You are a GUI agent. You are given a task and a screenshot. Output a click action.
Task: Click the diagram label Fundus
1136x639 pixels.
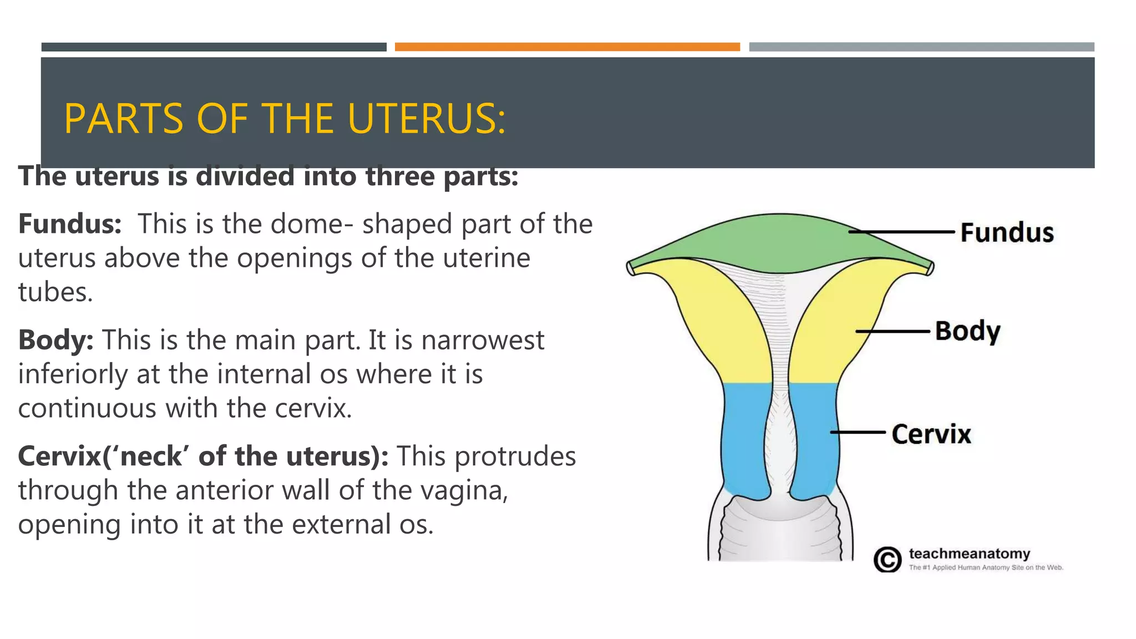point(1007,232)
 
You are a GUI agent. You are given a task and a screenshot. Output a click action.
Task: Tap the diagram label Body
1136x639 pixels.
point(967,331)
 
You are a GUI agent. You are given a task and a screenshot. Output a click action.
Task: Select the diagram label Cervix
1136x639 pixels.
point(931,434)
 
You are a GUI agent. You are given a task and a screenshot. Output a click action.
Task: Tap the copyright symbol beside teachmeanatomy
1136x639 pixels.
point(887,559)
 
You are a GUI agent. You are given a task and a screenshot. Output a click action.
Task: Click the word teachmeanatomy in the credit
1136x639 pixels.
point(969,554)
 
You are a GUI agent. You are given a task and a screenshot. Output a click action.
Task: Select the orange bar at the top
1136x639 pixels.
point(567,47)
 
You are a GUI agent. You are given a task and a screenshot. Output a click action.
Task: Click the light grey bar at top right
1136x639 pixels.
point(921,47)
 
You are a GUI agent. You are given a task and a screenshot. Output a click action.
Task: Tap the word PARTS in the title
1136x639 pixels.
point(123,119)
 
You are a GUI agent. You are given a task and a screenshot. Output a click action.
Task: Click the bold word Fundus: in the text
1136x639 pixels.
point(70,224)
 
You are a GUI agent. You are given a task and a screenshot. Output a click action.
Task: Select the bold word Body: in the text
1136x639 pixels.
point(55,340)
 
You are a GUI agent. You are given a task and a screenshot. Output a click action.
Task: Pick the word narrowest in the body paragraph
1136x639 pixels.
point(482,340)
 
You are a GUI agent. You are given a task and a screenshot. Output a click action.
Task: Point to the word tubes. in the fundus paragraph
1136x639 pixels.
point(55,292)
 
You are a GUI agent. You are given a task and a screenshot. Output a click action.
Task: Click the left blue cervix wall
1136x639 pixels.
point(746,438)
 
